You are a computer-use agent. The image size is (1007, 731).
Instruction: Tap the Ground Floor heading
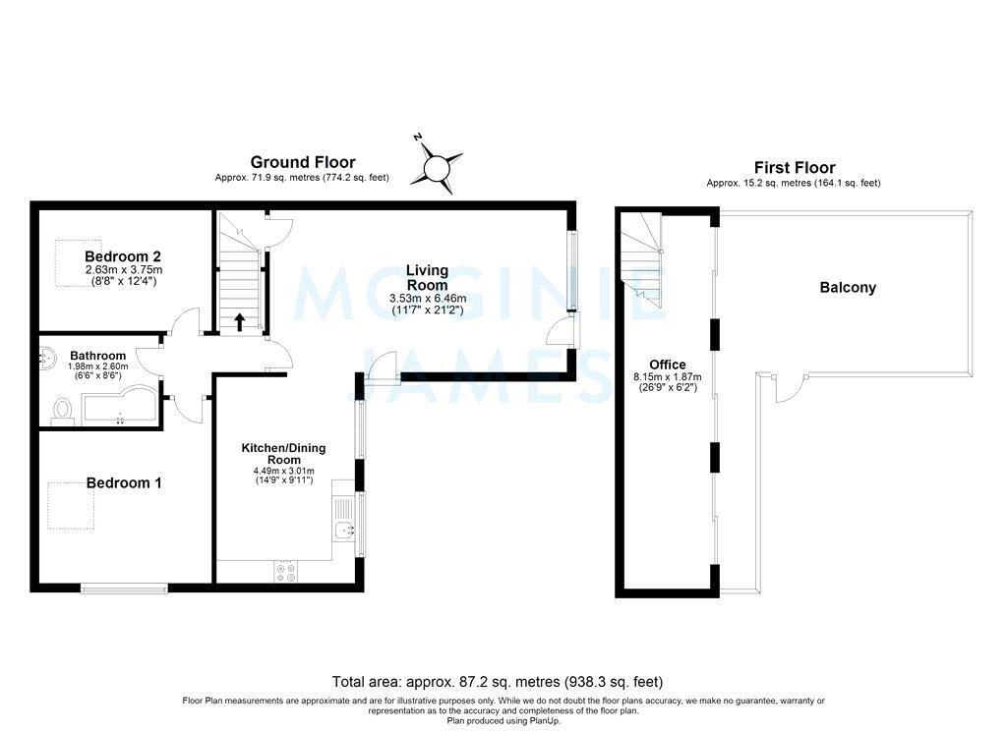point(303,162)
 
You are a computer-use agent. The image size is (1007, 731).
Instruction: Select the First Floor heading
point(795,167)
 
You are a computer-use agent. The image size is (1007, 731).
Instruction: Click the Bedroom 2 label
point(123,256)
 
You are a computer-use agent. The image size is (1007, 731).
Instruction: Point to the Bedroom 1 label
point(124,482)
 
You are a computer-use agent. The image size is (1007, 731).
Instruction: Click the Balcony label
point(848,288)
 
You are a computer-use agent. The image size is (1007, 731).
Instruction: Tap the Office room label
point(668,365)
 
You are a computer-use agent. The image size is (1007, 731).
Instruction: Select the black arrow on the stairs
point(240,321)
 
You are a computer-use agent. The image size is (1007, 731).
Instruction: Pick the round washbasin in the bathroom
point(47,357)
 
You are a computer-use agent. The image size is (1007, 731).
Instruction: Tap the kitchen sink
point(344,531)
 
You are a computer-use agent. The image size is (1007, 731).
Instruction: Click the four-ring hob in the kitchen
point(286,572)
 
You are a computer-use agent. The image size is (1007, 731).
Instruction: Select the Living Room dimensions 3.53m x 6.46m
point(428,299)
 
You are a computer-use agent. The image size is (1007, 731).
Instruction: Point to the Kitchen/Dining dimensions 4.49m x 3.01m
point(284,471)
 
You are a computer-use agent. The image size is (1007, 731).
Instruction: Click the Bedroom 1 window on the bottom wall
point(124,588)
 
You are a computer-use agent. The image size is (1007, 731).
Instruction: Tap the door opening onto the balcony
point(790,388)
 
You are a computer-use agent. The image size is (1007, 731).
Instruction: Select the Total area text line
point(497,682)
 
